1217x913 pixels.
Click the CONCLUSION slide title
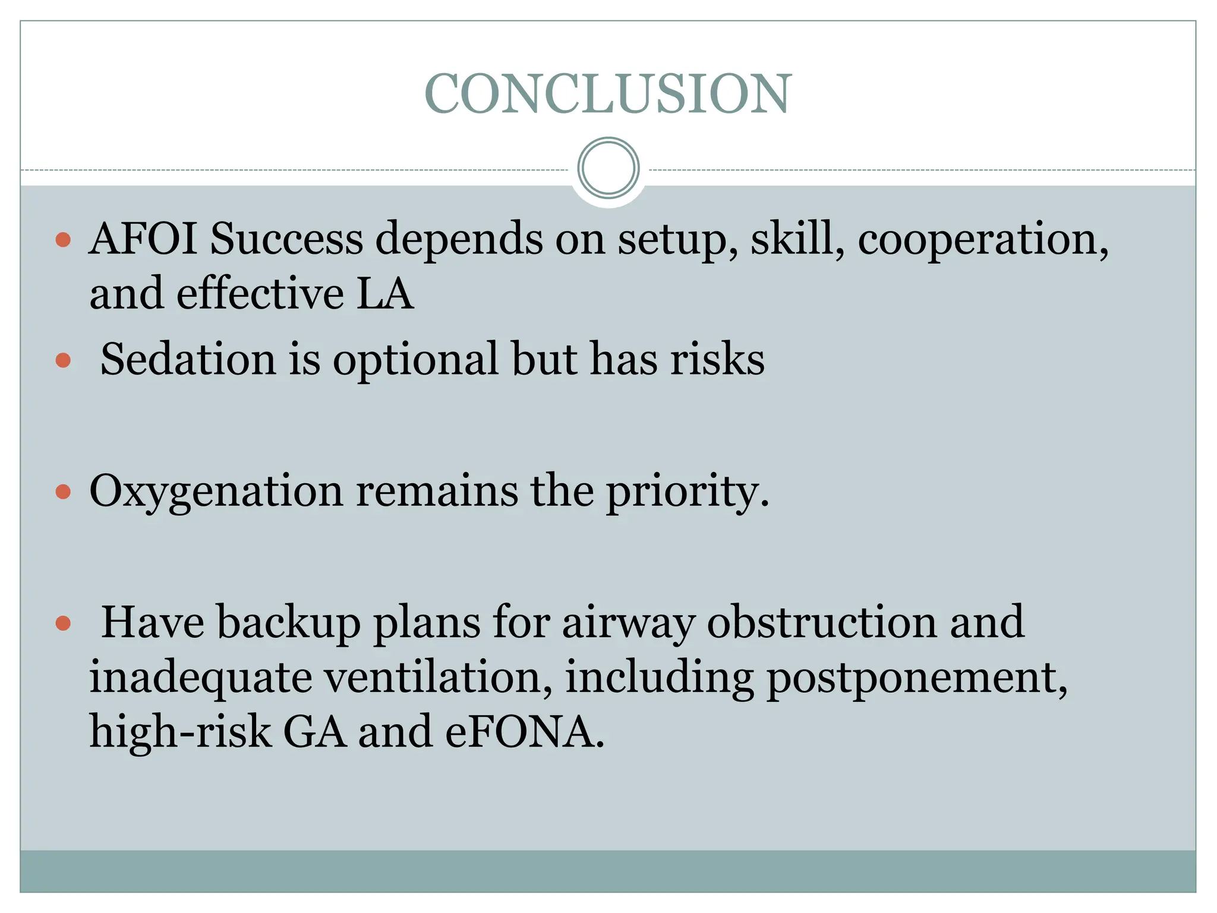(608, 94)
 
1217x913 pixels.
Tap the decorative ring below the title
(608, 168)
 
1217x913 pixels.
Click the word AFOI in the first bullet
(143, 238)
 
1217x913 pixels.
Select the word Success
(286, 238)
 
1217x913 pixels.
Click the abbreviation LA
(384, 294)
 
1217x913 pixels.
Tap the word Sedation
(188, 359)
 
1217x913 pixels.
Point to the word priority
(686, 492)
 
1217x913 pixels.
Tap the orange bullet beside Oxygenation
(63, 492)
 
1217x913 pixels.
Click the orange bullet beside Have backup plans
(63, 623)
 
